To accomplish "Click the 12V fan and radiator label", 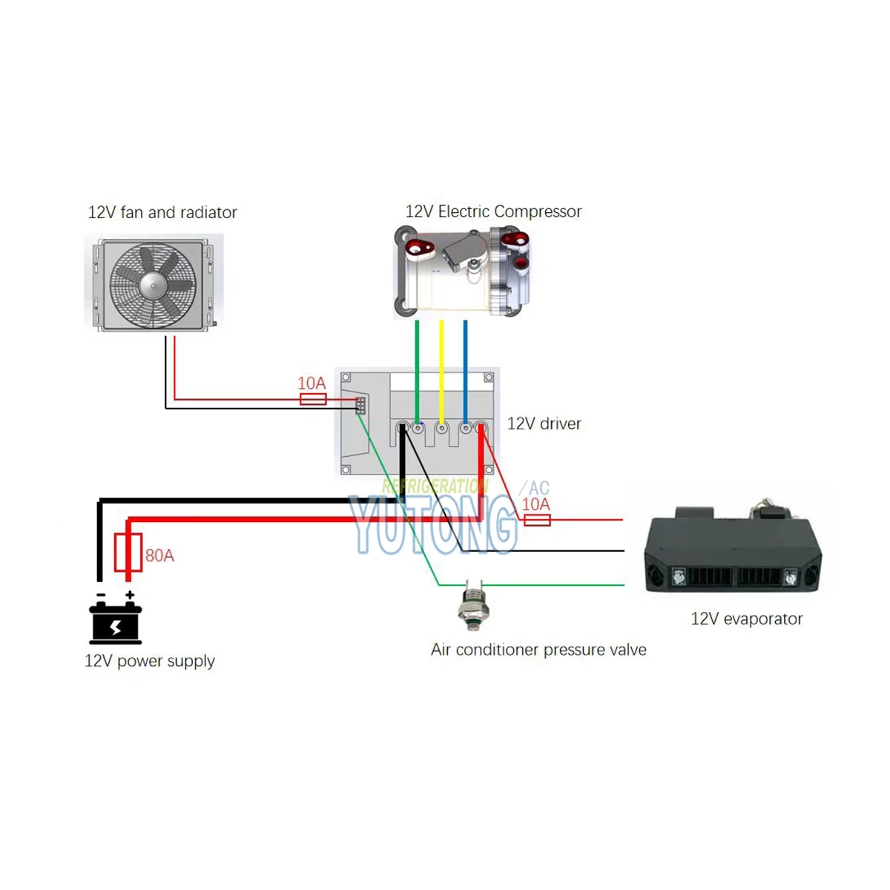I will pos(162,213).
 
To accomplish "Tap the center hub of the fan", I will pos(152,283).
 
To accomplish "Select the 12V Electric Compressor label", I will pos(493,212).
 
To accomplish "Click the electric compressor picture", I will pos(462,273).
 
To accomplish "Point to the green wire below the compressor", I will pos(418,363).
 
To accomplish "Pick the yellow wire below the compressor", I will pos(441,363).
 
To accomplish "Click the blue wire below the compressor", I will pos(465,363).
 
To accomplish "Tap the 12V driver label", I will pos(544,423).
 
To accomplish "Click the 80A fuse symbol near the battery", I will pos(128,553).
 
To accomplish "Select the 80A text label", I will pos(159,556).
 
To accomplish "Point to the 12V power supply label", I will pos(150,661).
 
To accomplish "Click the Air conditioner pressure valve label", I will pos(538,650).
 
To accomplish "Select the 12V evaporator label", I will pos(746,619).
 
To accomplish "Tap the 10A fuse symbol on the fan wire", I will pos(313,400).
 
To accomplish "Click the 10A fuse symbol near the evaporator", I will pos(537,520).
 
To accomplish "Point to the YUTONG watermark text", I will pos(434,525).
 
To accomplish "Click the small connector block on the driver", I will pos(360,406).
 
